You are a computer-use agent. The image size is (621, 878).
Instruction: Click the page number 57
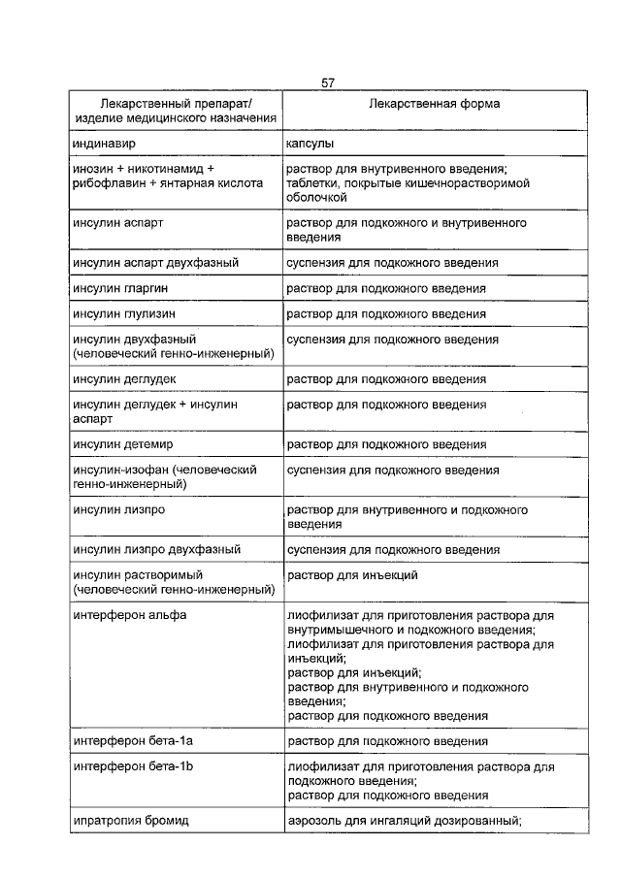[x=328, y=83]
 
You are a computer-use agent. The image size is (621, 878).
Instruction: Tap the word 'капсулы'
[x=310, y=143]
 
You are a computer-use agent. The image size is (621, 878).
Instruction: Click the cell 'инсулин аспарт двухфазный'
[x=155, y=262]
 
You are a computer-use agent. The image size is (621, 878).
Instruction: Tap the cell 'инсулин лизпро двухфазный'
[x=156, y=549]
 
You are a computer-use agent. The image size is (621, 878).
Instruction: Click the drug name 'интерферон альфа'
[x=129, y=615]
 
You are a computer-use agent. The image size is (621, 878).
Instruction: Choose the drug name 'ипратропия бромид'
[x=130, y=820]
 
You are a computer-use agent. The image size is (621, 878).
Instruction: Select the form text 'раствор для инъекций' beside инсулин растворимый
[x=352, y=575]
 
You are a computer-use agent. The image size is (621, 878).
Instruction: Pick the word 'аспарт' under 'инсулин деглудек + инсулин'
[x=93, y=417]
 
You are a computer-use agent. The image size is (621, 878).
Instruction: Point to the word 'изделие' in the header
[x=96, y=117]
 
